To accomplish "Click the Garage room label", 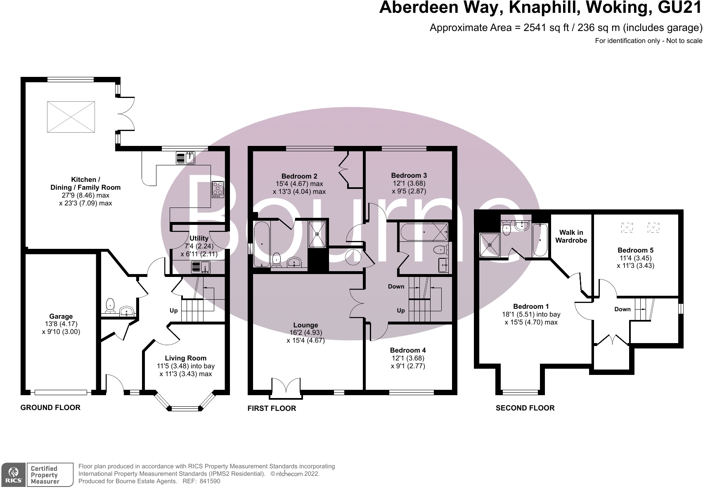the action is pos(61,316).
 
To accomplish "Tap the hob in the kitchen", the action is pos(218,189).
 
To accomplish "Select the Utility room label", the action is pos(199,238).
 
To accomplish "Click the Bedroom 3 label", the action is pos(409,175).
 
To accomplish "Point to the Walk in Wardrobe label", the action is pos(571,236).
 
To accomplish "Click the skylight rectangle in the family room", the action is pos(71,117).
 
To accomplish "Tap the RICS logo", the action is pos(13,475).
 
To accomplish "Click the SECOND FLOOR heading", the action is pos(525,408).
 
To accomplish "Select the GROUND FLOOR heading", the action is pos(50,408).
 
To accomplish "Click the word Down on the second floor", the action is pos(623,309).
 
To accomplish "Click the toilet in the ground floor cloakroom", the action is pos(110,305).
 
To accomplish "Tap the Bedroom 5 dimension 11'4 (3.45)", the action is pos(636,258).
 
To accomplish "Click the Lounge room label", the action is pos(306,325).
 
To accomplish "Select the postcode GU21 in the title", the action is pos(680,7).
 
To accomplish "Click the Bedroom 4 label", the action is pos(408,350).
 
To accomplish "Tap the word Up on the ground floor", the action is pos(173,310).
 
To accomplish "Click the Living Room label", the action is pos(186,358).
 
